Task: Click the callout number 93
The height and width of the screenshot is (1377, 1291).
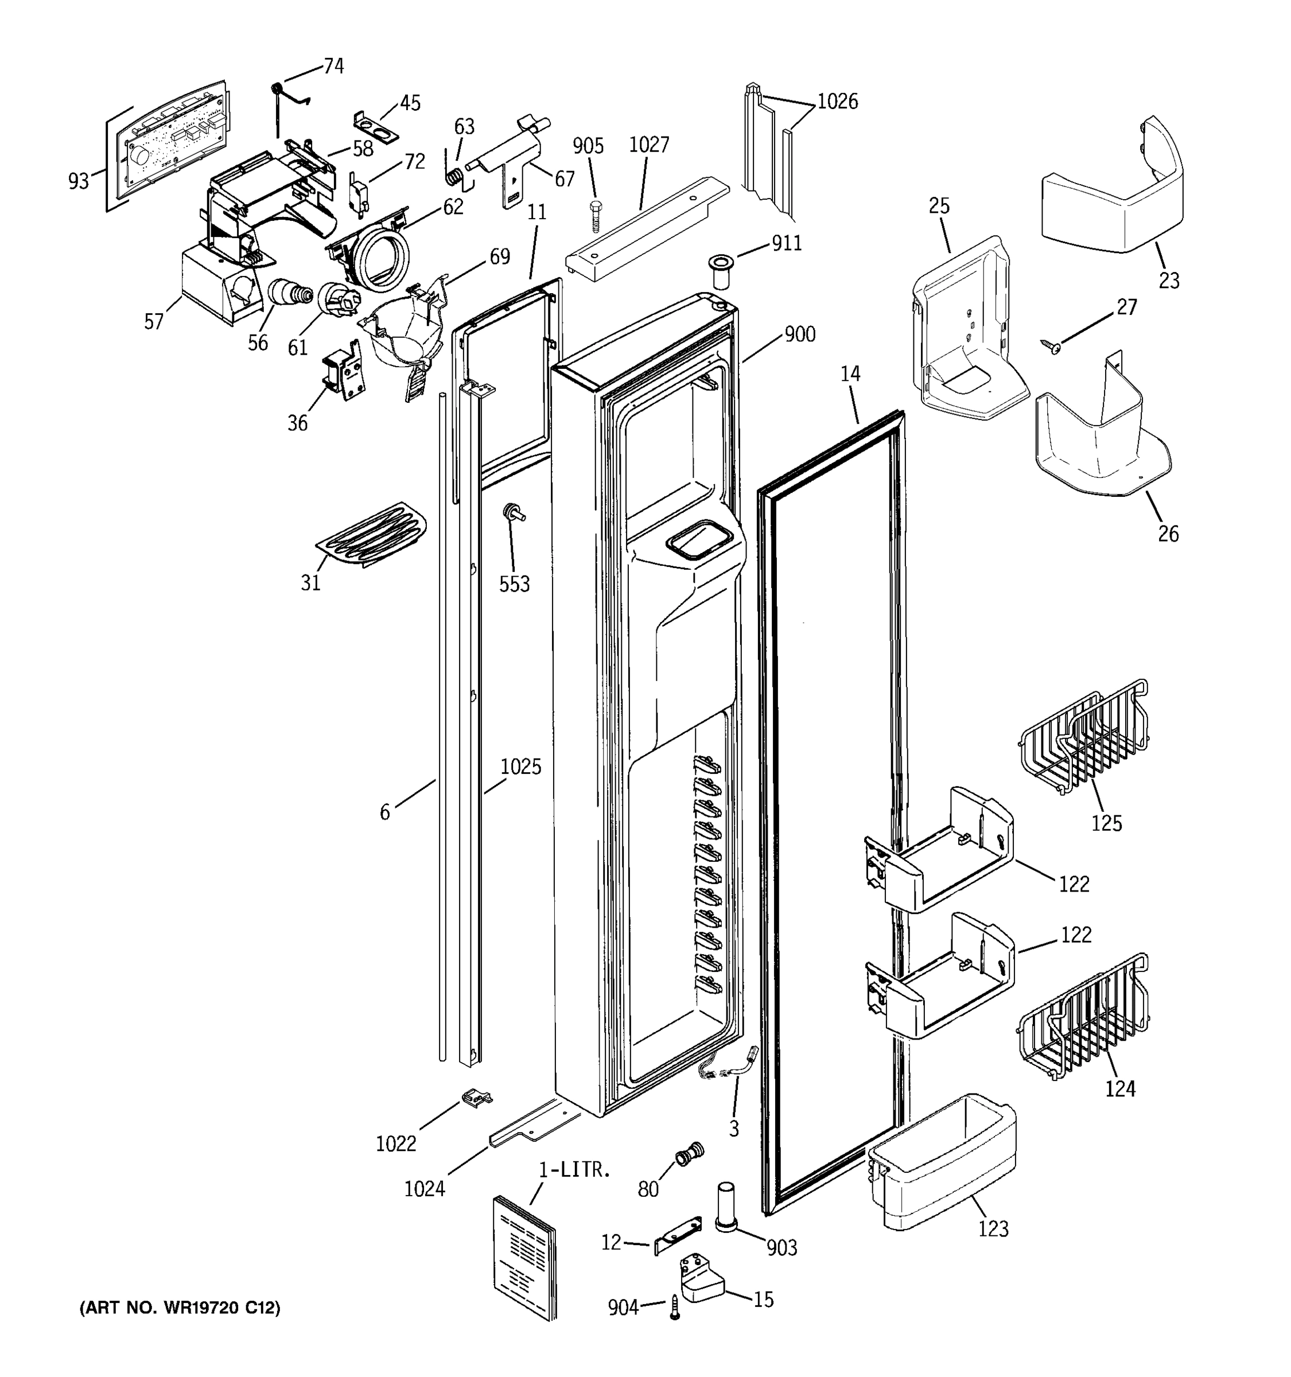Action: click(x=78, y=181)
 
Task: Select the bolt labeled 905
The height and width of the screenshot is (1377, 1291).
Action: click(x=594, y=217)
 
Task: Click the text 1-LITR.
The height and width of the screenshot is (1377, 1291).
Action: click(x=575, y=1170)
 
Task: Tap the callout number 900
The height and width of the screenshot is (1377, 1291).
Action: click(x=799, y=334)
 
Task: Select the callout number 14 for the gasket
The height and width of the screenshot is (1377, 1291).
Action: click(x=850, y=374)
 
